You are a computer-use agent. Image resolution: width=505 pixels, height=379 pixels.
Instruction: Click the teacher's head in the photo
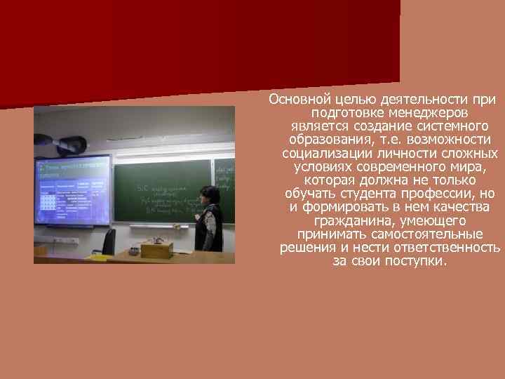click(x=209, y=194)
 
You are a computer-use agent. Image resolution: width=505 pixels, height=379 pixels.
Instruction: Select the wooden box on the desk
click(x=156, y=249)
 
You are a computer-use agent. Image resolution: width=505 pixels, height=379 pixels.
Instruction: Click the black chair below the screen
click(x=108, y=241)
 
